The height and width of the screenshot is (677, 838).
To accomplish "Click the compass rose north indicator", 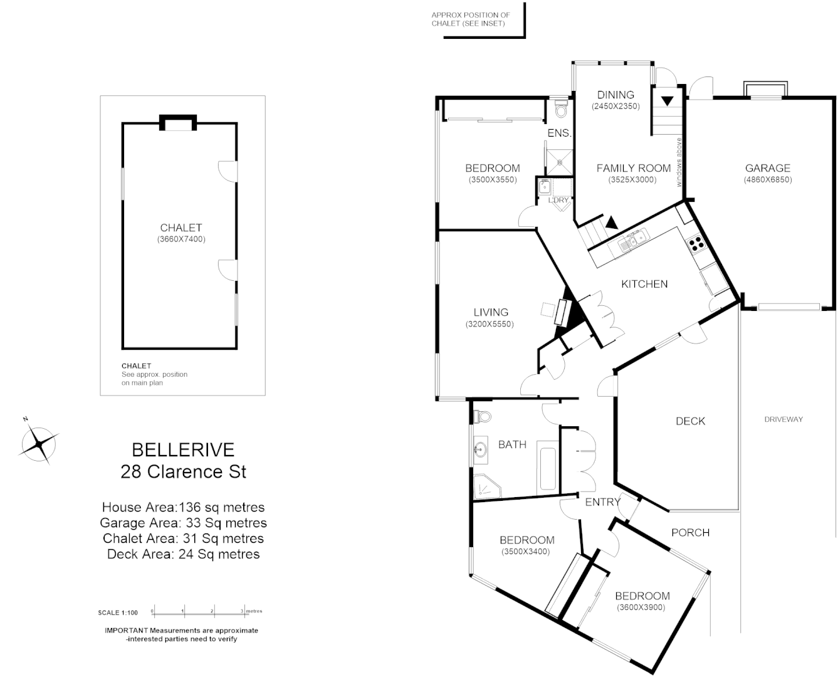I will pos(39,443).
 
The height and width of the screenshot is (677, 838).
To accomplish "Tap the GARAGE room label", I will pos(767,168).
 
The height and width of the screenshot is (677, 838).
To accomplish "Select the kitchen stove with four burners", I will pos(696,244).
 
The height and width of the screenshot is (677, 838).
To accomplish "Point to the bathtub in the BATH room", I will pos(547,470).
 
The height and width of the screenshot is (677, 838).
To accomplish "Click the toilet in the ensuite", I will pos(561,110).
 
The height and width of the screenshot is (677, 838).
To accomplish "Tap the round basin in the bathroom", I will pos(481,449).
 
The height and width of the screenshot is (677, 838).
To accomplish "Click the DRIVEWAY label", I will pos(783,419).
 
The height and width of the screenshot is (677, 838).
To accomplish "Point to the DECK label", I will pos(690,421).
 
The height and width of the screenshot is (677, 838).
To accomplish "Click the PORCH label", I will pos(690,532).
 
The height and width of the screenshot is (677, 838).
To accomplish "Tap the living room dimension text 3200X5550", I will pos(490,324).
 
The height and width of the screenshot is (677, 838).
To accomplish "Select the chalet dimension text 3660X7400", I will pos(181,239).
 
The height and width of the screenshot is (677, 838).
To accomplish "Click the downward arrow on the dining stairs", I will pos(667,100).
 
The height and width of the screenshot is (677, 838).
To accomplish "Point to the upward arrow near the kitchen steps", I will pos(610,222).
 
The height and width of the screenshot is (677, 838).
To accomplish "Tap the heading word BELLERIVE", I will pos(183,449).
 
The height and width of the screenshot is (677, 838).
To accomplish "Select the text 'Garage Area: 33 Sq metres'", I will pos(183,523).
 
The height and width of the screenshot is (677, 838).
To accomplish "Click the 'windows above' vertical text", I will pos(678,162).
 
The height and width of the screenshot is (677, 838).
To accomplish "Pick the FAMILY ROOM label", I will pos(633,168).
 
